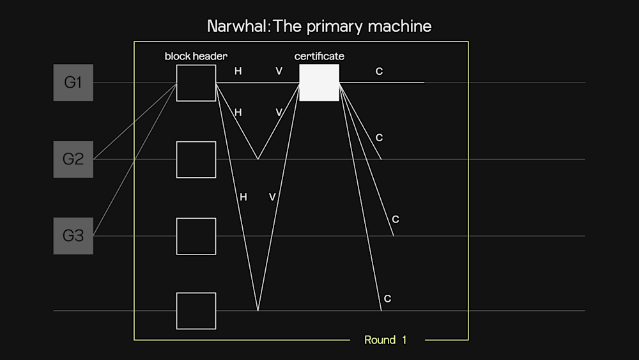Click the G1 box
point(73,82)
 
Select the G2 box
point(73,159)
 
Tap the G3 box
point(73,235)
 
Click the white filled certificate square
point(319,82)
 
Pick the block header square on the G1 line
point(196,82)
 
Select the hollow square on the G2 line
point(196,159)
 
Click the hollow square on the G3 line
point(196,236)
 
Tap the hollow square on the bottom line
point(196,311)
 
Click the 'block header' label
point(196,56)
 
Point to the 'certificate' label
point(319,56)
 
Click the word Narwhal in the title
point(235,26)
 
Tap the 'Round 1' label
point(385,340)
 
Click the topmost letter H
point(238,71)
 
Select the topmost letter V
point(279,71)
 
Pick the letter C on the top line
point(379,72)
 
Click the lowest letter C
point(387,299)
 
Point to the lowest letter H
point(243,197)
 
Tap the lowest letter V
point(272,197)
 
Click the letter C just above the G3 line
point(396,219)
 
